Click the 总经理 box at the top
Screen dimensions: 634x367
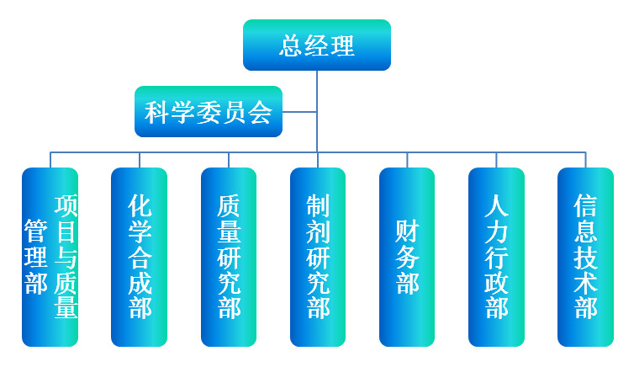coord(317,45)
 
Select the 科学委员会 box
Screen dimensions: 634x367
coord(209,112)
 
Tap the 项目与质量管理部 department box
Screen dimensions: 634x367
coord(50,257)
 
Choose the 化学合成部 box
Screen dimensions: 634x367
coord(139,257)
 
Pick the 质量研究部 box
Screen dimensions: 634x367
coord(229,257)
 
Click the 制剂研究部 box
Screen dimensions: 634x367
coord(318,257)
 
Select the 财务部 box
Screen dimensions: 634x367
coord(407,257)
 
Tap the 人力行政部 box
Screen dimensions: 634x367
coord(496,257)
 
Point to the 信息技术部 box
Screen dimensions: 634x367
coord(585,257)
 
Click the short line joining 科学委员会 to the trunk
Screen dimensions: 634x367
coord(299,112)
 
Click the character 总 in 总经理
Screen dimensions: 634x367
coord(292,45)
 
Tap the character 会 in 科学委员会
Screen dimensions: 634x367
coord(260,112)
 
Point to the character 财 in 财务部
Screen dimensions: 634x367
coord(407,231)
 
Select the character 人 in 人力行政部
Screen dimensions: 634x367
coord(497,205)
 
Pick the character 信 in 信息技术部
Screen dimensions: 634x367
coord(585,205)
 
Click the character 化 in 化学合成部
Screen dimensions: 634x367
coord(140,205)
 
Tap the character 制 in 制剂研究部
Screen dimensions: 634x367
coord(318,205)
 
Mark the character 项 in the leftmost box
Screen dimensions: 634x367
coord(66,205)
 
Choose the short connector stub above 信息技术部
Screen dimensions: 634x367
coord(585,160)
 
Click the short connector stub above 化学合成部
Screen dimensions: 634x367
coord(139,160)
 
